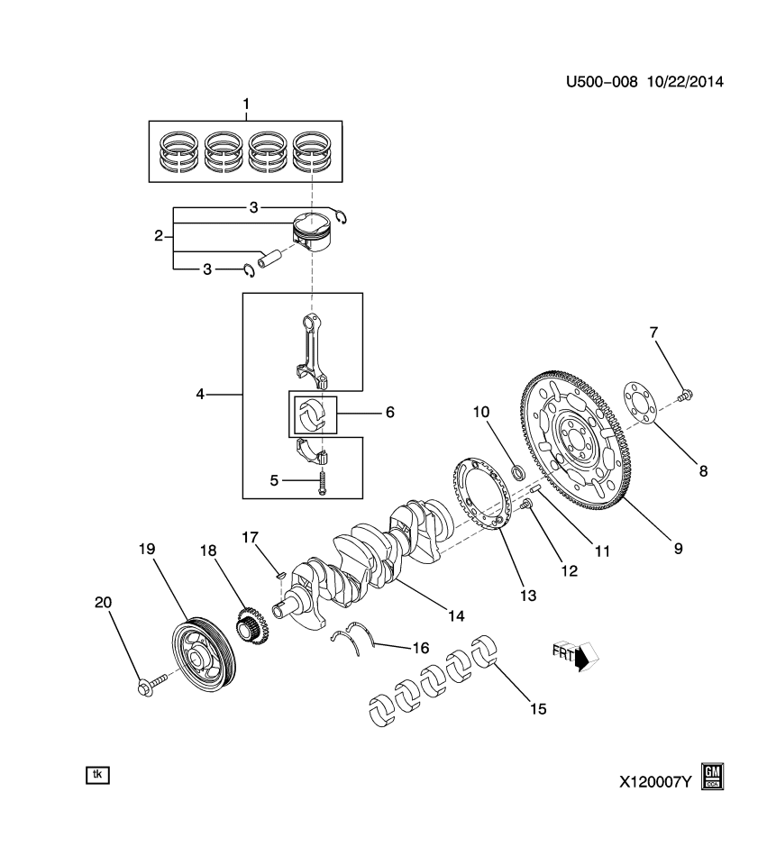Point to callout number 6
pos(389,412)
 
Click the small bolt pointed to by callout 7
pos(686,393)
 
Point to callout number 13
pos(526,595)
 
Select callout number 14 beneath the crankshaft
pos(456,615)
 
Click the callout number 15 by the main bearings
pos(537,708)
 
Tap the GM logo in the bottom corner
pos(713,777)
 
